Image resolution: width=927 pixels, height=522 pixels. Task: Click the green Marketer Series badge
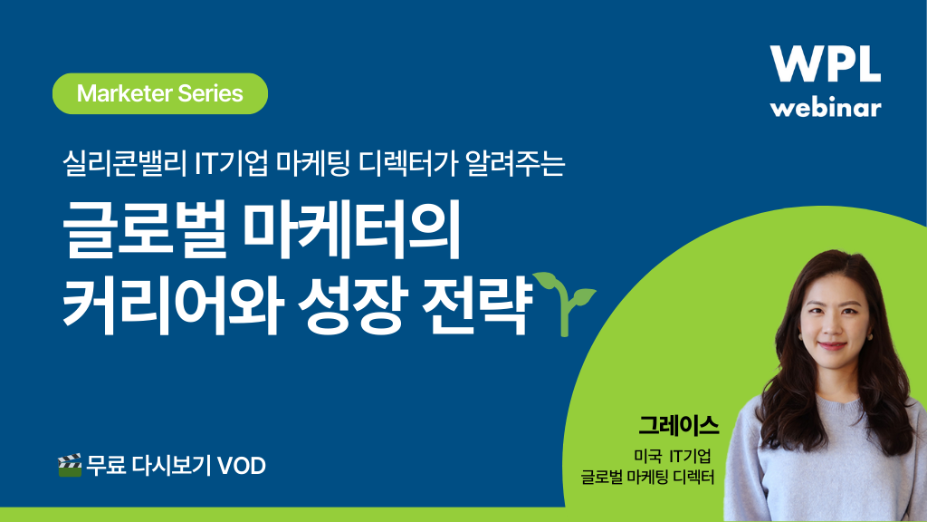pos(160,93)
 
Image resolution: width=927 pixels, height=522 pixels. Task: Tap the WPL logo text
pos(826,64)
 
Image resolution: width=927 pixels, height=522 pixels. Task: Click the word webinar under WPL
pos(826,108)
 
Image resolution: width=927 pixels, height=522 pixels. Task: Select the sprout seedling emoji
pos(564,304)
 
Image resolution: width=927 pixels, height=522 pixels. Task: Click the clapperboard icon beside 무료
pos(69,466)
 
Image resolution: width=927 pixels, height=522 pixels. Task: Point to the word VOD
pos(242,467)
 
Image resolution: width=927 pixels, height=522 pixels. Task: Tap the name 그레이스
pos(679,426)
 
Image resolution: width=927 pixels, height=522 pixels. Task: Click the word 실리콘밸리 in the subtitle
pos(125,163)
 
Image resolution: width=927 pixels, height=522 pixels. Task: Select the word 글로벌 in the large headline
pos(144,229)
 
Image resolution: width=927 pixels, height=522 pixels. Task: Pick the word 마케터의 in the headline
pos(352,229)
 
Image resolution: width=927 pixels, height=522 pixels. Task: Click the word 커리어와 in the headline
pos(170,304)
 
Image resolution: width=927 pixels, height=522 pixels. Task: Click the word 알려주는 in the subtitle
pos(515,163)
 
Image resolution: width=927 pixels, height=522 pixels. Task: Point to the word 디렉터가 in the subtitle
pos(408,163)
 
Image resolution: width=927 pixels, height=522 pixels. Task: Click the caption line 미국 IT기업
pos(673,456)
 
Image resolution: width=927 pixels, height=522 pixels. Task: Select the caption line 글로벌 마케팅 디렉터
pos(647,477)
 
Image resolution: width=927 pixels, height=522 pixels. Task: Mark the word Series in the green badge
pos(210,93)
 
